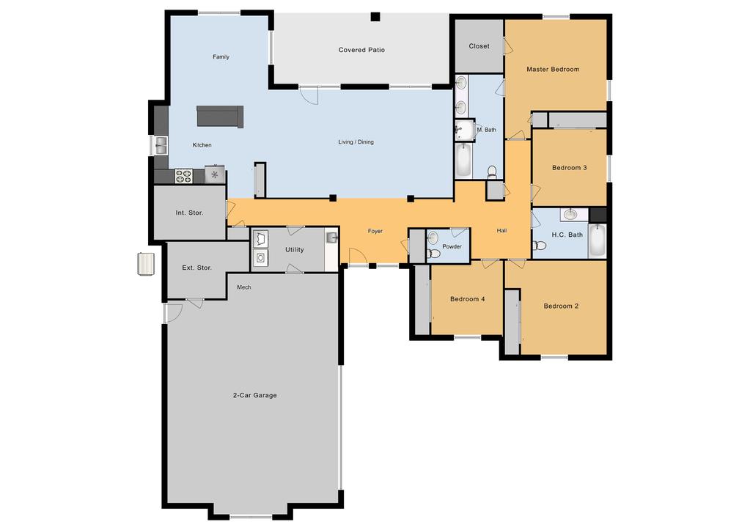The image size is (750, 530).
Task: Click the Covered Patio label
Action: (361, 50)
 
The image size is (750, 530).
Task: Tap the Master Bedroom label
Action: (553, 70)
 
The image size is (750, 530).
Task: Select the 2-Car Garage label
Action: (255, 396)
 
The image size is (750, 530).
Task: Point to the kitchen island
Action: (220, 117)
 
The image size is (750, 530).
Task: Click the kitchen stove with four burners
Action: (183, 176)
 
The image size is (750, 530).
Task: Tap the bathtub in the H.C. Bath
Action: (598, 240)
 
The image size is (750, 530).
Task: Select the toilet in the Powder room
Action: (433, 253)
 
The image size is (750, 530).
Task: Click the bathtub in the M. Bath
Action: (463, 161)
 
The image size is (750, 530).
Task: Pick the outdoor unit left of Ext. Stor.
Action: (147, 264)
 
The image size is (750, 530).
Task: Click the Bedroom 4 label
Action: (467, 299)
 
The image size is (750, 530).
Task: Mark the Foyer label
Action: (375, 232)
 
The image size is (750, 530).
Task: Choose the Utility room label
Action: (295, 250)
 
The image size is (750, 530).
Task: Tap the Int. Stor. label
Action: (189, 213)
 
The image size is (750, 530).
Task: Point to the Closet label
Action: (479, 46)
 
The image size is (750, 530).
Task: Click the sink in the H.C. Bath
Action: (570, 214)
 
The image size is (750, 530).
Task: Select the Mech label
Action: (244, 287)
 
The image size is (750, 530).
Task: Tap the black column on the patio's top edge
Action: (375, 17)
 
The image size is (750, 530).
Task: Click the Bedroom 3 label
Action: (569, 168)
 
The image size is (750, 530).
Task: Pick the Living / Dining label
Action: (356, 142)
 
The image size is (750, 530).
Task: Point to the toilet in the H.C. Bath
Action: (539, 246)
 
